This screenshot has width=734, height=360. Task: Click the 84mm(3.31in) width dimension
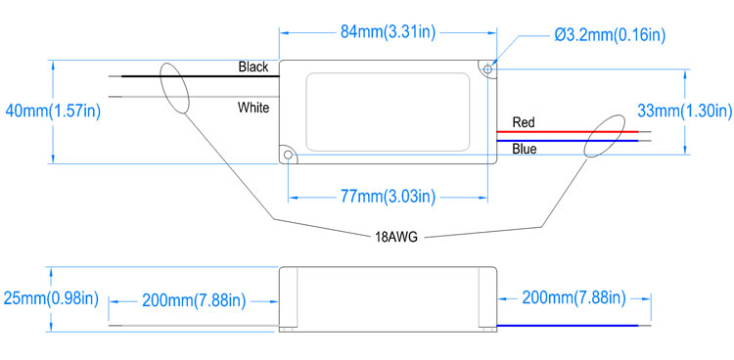388,32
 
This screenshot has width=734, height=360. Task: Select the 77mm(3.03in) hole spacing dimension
388,197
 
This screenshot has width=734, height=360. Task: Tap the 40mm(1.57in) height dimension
53,112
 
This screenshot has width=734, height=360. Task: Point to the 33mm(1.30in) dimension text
685,111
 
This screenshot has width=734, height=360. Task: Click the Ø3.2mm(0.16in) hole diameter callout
610,35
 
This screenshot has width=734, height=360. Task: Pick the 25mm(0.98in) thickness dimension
51,298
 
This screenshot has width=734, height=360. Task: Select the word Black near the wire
253,67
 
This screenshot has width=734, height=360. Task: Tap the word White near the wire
253,108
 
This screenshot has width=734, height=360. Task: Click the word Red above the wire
524,122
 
